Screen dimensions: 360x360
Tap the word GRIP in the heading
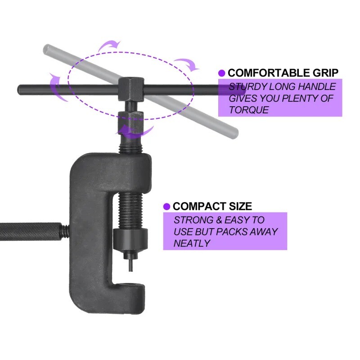click(x=325, y=73)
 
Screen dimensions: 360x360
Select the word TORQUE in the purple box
click(x=249, y=110)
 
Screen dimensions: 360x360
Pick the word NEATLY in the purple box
click(x=192, y=243)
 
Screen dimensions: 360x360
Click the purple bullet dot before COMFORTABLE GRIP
click(x=222, y=73)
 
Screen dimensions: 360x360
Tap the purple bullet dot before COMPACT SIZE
click(x=166, y=207)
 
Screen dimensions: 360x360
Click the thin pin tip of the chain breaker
click(x=130, y=270)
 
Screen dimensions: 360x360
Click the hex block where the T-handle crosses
click(x=131, y=89)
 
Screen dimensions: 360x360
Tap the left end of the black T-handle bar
click(x=19, y=89)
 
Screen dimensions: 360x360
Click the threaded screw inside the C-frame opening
click(x=131, y=211)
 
